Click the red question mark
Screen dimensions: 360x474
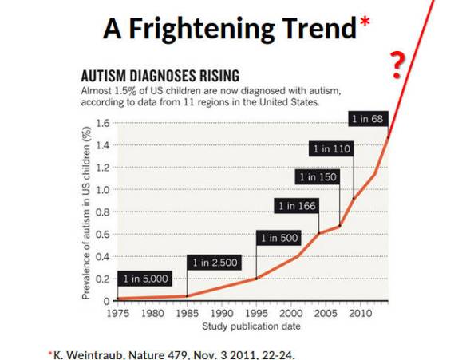(397, 64)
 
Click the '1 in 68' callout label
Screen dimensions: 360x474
(369, 120)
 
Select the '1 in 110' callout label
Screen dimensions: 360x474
(330, 149)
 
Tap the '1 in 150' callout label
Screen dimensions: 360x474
(318, 176)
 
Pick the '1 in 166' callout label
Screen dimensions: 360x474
(296, 206)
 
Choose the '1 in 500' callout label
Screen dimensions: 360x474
(278, 237)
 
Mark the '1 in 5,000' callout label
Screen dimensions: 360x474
(145, 278)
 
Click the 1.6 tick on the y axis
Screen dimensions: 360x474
(102, 123)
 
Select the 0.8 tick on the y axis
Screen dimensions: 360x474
(102, 212)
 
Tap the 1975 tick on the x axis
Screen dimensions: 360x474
(117, 313)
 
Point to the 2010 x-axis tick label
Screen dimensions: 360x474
(358, 313)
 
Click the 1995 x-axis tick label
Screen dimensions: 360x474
(255, 313)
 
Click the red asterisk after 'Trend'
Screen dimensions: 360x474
(365, 24)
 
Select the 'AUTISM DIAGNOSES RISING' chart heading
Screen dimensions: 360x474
(160, 77)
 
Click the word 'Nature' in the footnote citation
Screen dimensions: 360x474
(152, 353)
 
